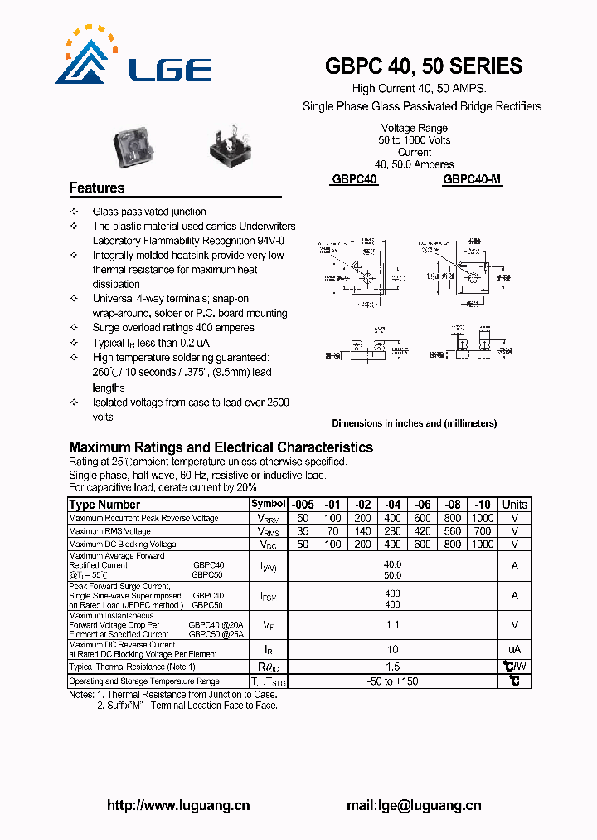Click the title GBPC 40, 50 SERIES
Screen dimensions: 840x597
point(424,66)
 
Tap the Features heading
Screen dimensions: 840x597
point(97,188)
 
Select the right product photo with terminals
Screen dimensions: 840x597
point(230,149)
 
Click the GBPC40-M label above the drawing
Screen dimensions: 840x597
point(472,179)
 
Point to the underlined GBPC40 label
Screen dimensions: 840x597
point(354,179)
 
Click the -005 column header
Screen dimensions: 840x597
point(302,505)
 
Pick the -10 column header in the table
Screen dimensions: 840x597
point(482,505)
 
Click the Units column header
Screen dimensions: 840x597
point(514,505)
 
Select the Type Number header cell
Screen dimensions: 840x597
point(105,505)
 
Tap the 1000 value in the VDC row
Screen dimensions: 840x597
point(482,545)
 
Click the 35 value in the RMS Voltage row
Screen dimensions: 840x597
point(302,531)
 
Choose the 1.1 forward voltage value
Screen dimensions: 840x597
point(392,625)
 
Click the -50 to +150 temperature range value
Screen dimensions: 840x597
point(392,681)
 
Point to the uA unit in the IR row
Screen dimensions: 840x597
point(514,649)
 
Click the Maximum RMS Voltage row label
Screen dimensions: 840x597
point(110,531)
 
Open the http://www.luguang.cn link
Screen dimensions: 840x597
point(178,805)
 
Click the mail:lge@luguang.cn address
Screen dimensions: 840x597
point(413,805)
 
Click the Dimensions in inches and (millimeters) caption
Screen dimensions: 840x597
point(414,423)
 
